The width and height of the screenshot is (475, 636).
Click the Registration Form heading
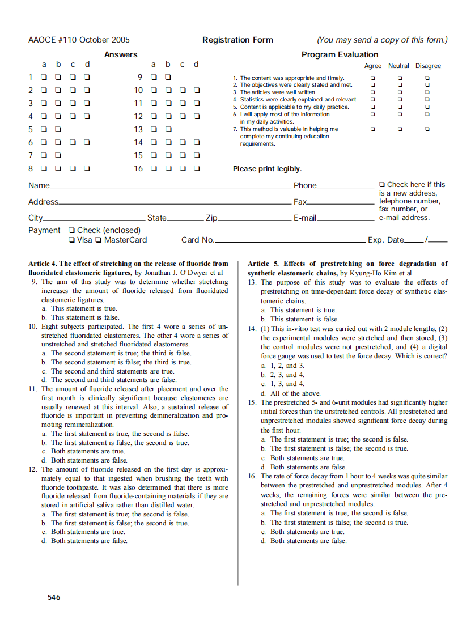[x=238, y=40]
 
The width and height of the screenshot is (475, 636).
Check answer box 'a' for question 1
[x=44, y=77]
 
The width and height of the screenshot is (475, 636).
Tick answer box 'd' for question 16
[x=197, y=168]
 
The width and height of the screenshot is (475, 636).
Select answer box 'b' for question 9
[x=168, y=77]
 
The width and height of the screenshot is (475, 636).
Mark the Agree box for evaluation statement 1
[x=372, y=78]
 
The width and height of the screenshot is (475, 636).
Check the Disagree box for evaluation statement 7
[x=427, y=129]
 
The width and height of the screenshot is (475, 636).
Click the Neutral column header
[x=398, y=66]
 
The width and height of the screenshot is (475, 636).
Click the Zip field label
[x=211, y=218]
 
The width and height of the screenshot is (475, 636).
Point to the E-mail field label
[x=304, y=218]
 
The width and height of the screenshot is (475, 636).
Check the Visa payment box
[x=71, y=240]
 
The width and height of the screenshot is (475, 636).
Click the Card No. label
[x=197, y=240]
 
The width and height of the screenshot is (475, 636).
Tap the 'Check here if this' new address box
[x=382, y=185]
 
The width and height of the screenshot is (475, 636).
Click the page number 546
[x=54, y=597]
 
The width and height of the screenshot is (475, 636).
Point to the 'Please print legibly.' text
[x=267, y=169]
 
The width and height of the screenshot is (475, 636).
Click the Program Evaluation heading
[x=340, y=54]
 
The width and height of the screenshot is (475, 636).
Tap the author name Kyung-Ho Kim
[x=374, y=273]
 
